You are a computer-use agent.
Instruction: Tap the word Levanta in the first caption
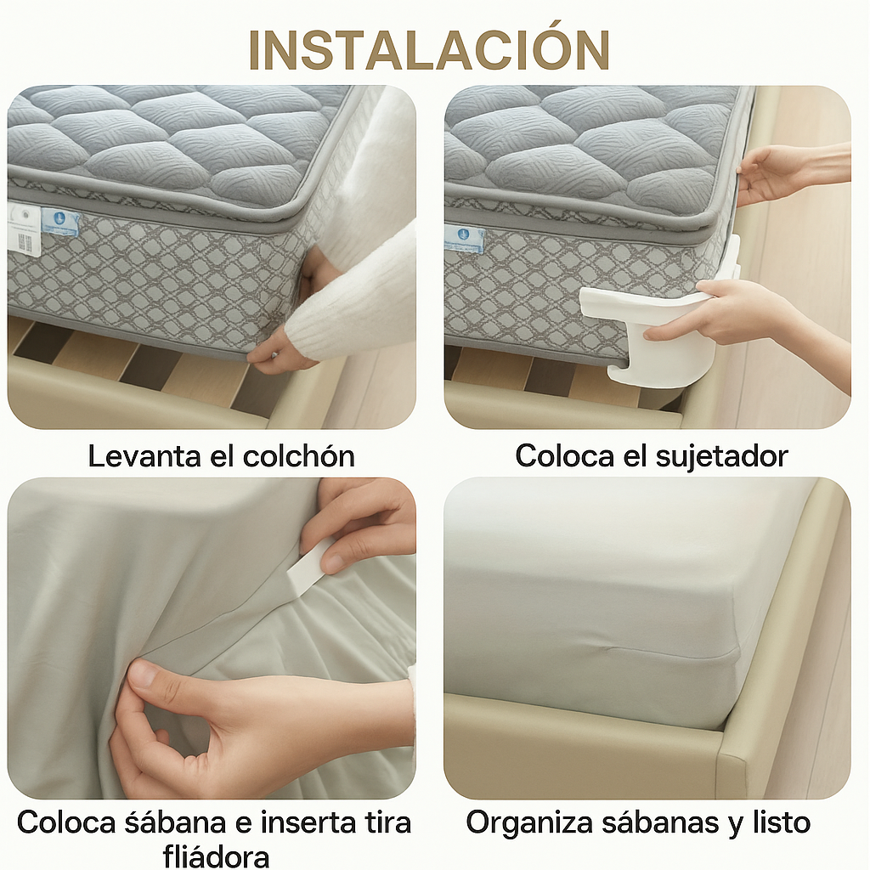point(144,456)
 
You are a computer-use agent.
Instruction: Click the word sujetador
point(722,456)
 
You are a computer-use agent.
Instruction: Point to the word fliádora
point(216,856)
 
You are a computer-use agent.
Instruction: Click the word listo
point(782,822)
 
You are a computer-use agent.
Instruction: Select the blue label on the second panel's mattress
point(465,238)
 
